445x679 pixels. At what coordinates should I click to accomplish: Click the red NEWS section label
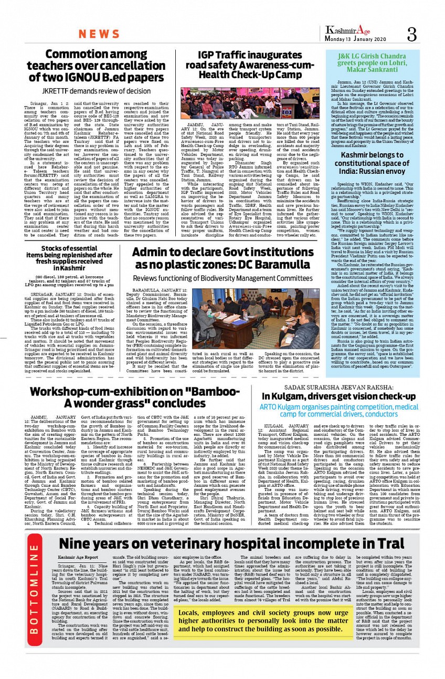point(99,34)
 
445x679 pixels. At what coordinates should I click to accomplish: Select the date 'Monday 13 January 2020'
point(355,39)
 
